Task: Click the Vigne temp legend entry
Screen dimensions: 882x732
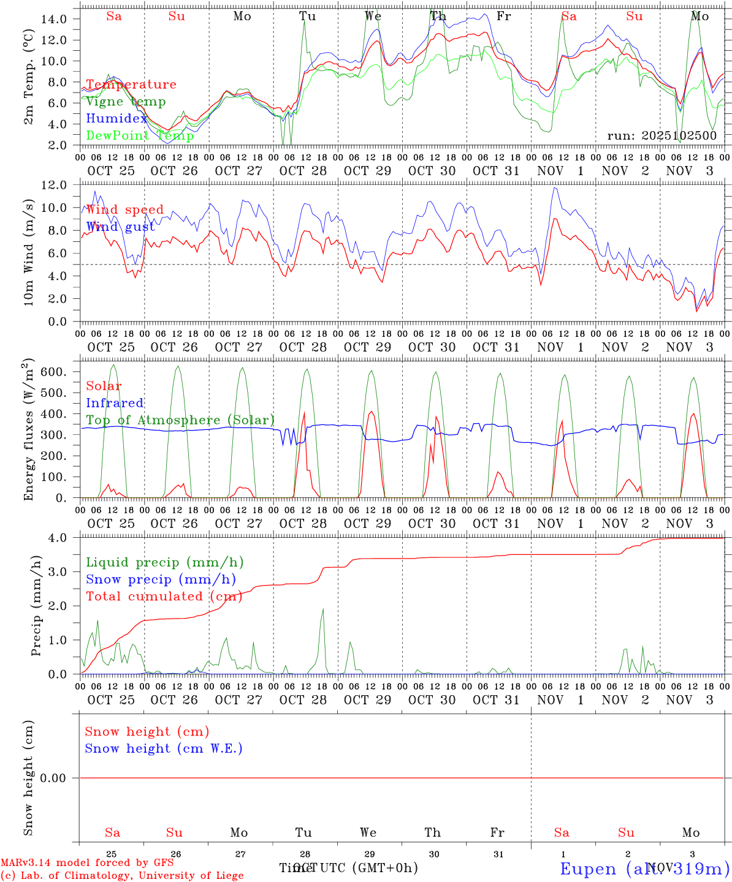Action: [126, 102]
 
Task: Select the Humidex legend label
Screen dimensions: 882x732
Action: [116, 119]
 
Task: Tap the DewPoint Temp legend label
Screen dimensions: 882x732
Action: [140, 135]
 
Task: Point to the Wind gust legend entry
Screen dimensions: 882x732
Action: [120, 227]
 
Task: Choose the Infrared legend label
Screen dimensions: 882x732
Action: [115, 403]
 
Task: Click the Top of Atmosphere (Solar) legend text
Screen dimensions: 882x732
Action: [180, 420]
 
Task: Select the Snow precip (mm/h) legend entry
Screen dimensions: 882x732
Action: [161, 579]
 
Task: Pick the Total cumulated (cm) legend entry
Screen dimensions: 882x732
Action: [164, 597]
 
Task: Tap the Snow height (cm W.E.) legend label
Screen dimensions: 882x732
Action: [164, 748]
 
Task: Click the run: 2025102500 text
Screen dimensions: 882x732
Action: [661, 135]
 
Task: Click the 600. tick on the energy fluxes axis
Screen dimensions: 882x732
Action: [52, 372]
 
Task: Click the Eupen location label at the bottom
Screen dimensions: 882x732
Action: [644, 869]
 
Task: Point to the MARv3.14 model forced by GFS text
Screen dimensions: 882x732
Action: [87, 863]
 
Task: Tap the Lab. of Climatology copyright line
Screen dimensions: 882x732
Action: [122, 875]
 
